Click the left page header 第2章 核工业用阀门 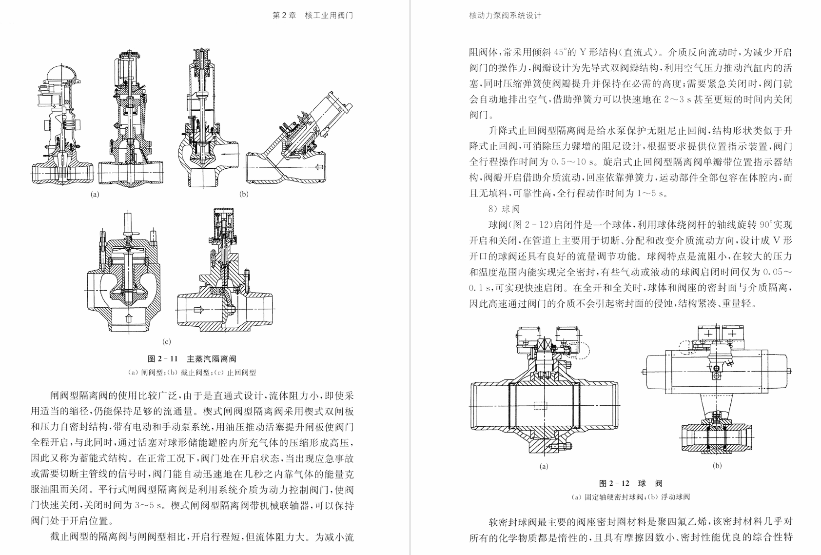313,16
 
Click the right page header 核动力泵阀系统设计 505,16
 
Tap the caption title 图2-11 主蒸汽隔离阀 192,359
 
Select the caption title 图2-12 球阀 631,483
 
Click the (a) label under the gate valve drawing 95,194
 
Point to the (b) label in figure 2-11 244,194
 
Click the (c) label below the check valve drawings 167,341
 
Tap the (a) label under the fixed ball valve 544,466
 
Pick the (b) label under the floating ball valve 717,465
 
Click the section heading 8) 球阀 504,209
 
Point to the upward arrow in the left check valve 128,319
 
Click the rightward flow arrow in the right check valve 198,310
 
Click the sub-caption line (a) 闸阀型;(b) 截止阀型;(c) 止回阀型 192,373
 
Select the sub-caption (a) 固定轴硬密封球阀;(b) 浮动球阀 631,497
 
